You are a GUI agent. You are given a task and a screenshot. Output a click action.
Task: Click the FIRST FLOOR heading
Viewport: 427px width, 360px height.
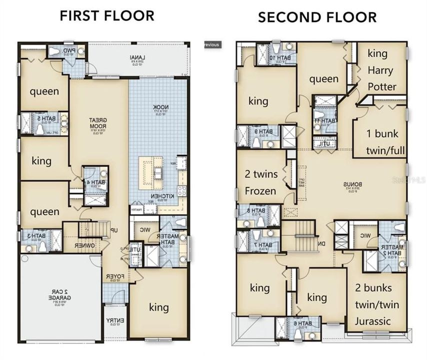point(107,15)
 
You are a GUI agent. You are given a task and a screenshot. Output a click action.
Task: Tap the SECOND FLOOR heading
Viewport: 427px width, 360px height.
point(317,18)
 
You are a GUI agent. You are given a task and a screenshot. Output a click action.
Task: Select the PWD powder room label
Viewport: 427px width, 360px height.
point(69,50)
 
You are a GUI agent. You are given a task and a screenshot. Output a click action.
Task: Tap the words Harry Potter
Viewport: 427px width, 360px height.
point(381,78)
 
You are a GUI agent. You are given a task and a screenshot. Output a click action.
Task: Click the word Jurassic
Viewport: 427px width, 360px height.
point(373,320)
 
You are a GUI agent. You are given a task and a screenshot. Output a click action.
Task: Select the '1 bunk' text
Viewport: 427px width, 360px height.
point(378,134)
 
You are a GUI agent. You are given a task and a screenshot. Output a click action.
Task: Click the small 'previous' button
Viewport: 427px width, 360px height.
point(211,44)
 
